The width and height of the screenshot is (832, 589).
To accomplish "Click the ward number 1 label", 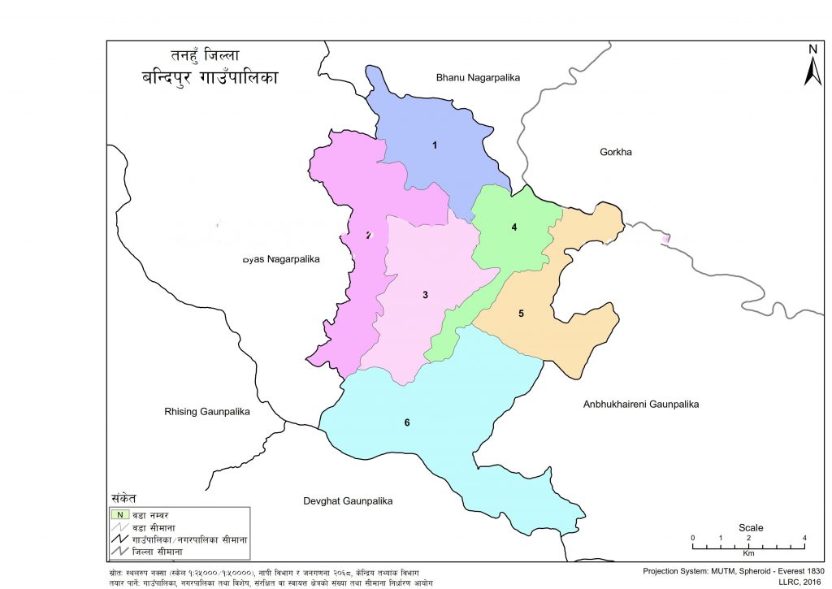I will tap(435, 145).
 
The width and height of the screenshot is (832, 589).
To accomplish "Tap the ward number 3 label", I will tap(425, 294).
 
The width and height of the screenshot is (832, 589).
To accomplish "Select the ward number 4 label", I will tap(514, 227).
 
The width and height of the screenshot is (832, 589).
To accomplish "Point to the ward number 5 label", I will tap(521, 313).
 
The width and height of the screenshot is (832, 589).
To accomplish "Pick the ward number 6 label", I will tap(406, 423).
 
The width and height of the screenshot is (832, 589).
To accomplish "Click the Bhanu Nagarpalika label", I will tap(478, 77).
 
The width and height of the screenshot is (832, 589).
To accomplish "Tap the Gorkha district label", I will tap(615, 152).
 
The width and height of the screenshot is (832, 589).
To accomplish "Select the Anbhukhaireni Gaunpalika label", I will tap(641, 404).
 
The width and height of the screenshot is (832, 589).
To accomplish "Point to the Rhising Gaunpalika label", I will tap(206, 413).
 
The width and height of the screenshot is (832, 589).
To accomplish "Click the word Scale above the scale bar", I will tap(750, 527).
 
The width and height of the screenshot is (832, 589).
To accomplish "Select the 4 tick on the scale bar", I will tap(804, 538).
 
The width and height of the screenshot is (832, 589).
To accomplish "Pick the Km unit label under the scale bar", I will tap(748, 553).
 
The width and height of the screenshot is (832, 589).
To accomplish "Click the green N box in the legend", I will tap(119, 514).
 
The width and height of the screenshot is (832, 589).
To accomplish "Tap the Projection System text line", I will tap(733, 571).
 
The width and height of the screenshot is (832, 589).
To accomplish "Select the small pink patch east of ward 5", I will tap(666, 239).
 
